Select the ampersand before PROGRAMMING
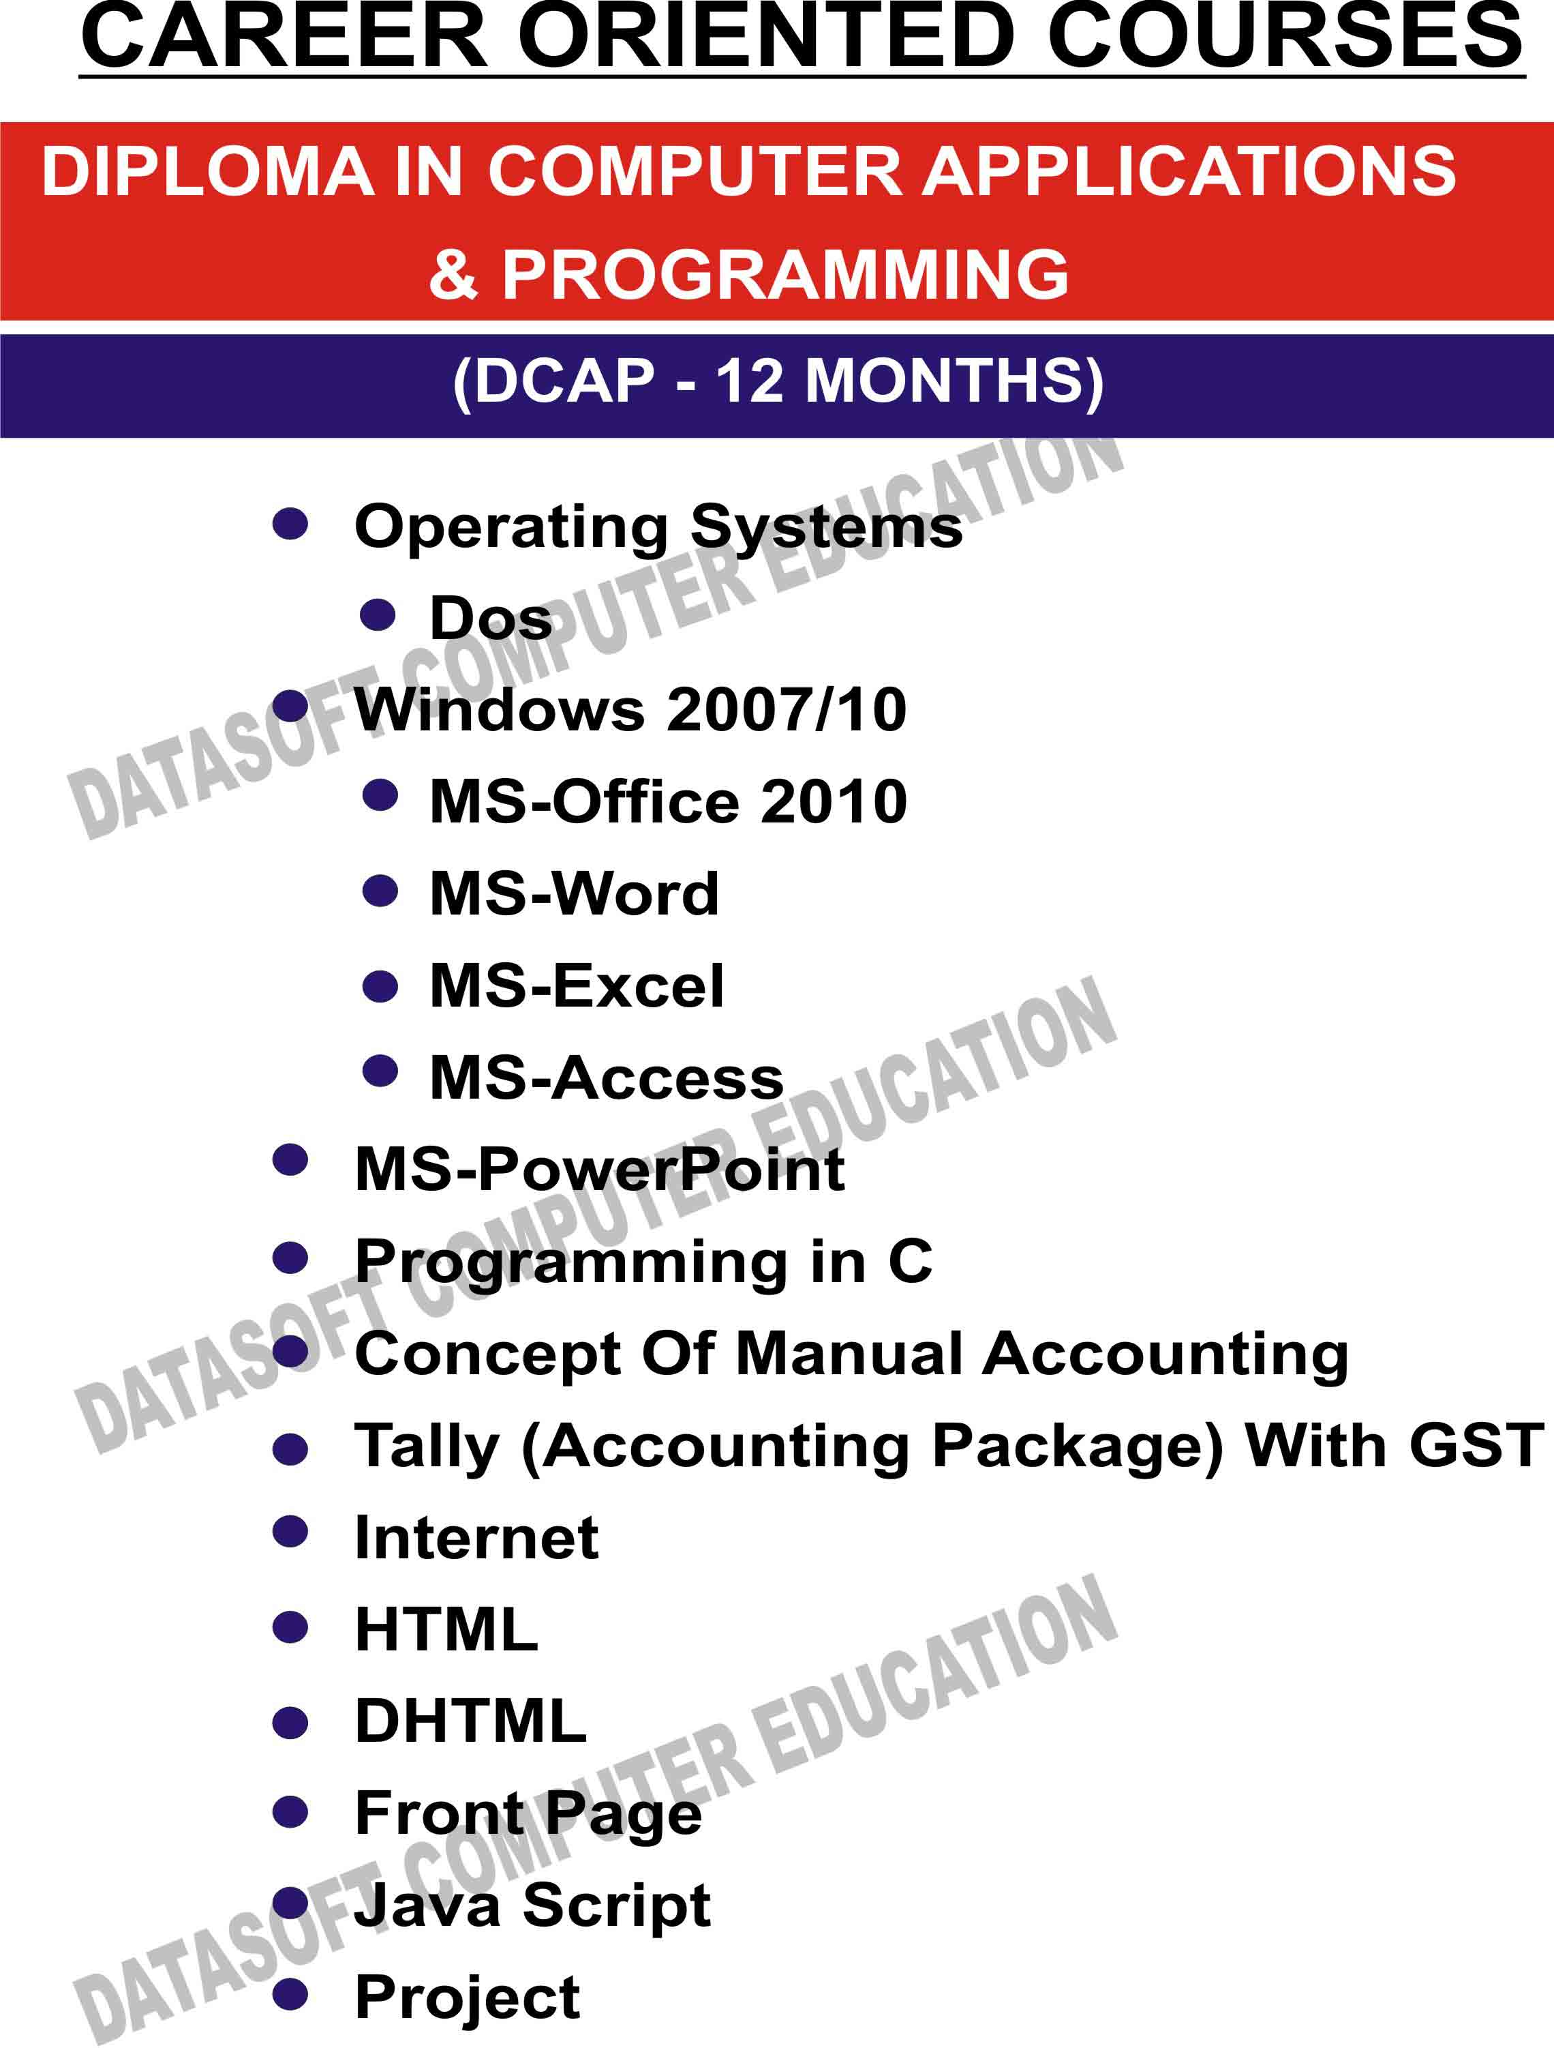(x=453, y=274)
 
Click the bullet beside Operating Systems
(x=290, y=524)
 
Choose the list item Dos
(x=491, y=618)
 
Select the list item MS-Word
(x=575, y=893)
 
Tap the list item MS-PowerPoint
(x=600, y=1170)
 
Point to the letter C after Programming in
(x=911, y=1261)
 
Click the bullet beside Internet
(x=290, y=1531)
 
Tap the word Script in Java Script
(x=618, y=1905)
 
